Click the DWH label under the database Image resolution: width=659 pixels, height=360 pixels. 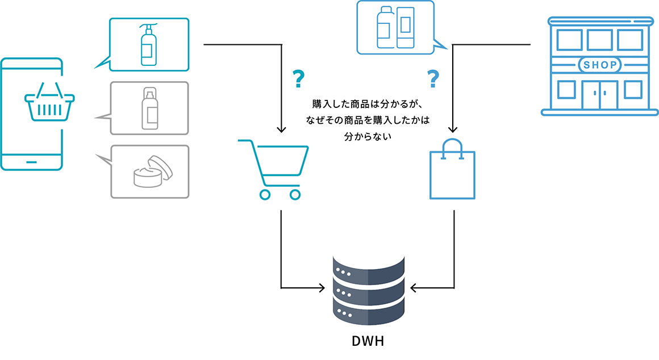tap(368, 341)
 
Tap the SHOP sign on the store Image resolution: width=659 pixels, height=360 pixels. tap(600, 65)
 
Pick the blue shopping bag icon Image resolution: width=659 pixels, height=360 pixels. tap(452, 169)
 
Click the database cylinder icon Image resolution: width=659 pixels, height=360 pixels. tap(369, 290)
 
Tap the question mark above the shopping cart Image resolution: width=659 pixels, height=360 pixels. tap(298, 78)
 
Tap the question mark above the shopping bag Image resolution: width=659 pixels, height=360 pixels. tap(433, 78)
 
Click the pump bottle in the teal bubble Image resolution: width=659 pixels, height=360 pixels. tap(149, 44)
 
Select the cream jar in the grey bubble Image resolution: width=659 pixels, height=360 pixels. tap(153, 171)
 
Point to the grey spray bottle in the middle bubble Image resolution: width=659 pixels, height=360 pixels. tap(150, 108)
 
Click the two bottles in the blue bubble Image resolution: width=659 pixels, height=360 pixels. tap(395, 27)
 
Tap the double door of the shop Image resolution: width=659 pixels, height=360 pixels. tap(600, 95)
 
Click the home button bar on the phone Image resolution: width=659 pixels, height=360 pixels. tap(31, 162)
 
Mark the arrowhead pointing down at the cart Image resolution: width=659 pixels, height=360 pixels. tap(282, 129)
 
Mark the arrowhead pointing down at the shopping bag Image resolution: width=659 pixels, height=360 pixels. tap(453, 129)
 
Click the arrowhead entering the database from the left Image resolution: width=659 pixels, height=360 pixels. tap(322, 288)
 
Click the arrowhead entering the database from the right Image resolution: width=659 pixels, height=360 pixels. tap(414, 288)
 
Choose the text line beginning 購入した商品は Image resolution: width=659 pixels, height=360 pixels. tap(368, 104)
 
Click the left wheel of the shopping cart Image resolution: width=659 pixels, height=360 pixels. tap(265, 195)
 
